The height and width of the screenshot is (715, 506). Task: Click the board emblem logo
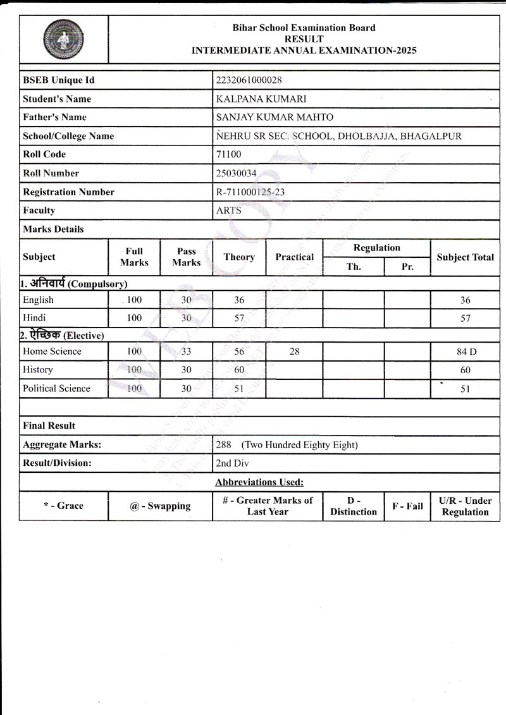pos(63,39)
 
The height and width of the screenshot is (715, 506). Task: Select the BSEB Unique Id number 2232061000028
pos(249,80)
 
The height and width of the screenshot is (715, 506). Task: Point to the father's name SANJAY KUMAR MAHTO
pos(275,117)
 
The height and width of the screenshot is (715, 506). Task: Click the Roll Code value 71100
pos(228,154)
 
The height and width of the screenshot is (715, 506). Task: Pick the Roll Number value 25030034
pos(237,173)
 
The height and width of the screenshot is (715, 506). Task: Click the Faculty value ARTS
pos(228,211)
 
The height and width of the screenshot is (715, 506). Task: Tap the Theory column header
pos(239,257)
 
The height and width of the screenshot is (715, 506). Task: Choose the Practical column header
pos(294,257)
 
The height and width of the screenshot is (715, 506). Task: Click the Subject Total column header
pos(465,257)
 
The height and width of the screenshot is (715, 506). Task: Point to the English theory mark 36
pos(238,300)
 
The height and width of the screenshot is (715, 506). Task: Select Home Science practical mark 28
pos(294,351)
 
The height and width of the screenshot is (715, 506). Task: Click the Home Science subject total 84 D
pos(465,352)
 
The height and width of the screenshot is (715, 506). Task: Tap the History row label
pos(38,370)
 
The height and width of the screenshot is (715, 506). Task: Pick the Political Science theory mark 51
pos(238,389)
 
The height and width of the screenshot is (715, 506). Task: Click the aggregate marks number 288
pos(224,445)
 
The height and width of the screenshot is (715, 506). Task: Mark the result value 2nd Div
pos(232,463)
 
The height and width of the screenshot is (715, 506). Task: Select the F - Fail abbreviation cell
pos(407,506)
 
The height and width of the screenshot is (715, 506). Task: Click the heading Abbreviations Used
pos(259,482)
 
